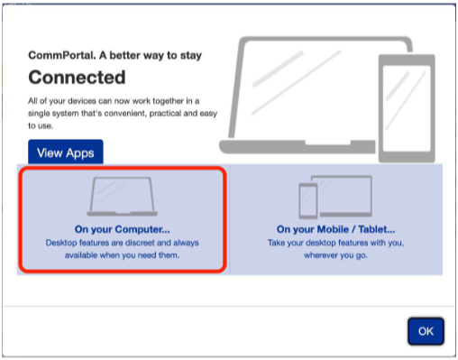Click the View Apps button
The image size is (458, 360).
click(66, 152)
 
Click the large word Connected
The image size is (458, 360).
click(77, 78)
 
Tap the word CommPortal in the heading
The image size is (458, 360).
click(62, 55)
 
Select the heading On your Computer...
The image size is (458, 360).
click(123, 229)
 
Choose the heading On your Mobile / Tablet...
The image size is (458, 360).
click(335, 229)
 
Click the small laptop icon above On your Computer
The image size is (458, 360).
click(122, 197)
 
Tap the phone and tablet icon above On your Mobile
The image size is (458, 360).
click(335, 197)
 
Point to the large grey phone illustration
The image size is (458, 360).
click(407, 108)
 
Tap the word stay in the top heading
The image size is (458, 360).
click(190, 56)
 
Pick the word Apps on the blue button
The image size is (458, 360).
click(80, 153)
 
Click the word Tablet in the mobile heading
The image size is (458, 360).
click(377, 229)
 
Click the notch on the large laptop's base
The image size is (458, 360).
click(328, 143)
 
